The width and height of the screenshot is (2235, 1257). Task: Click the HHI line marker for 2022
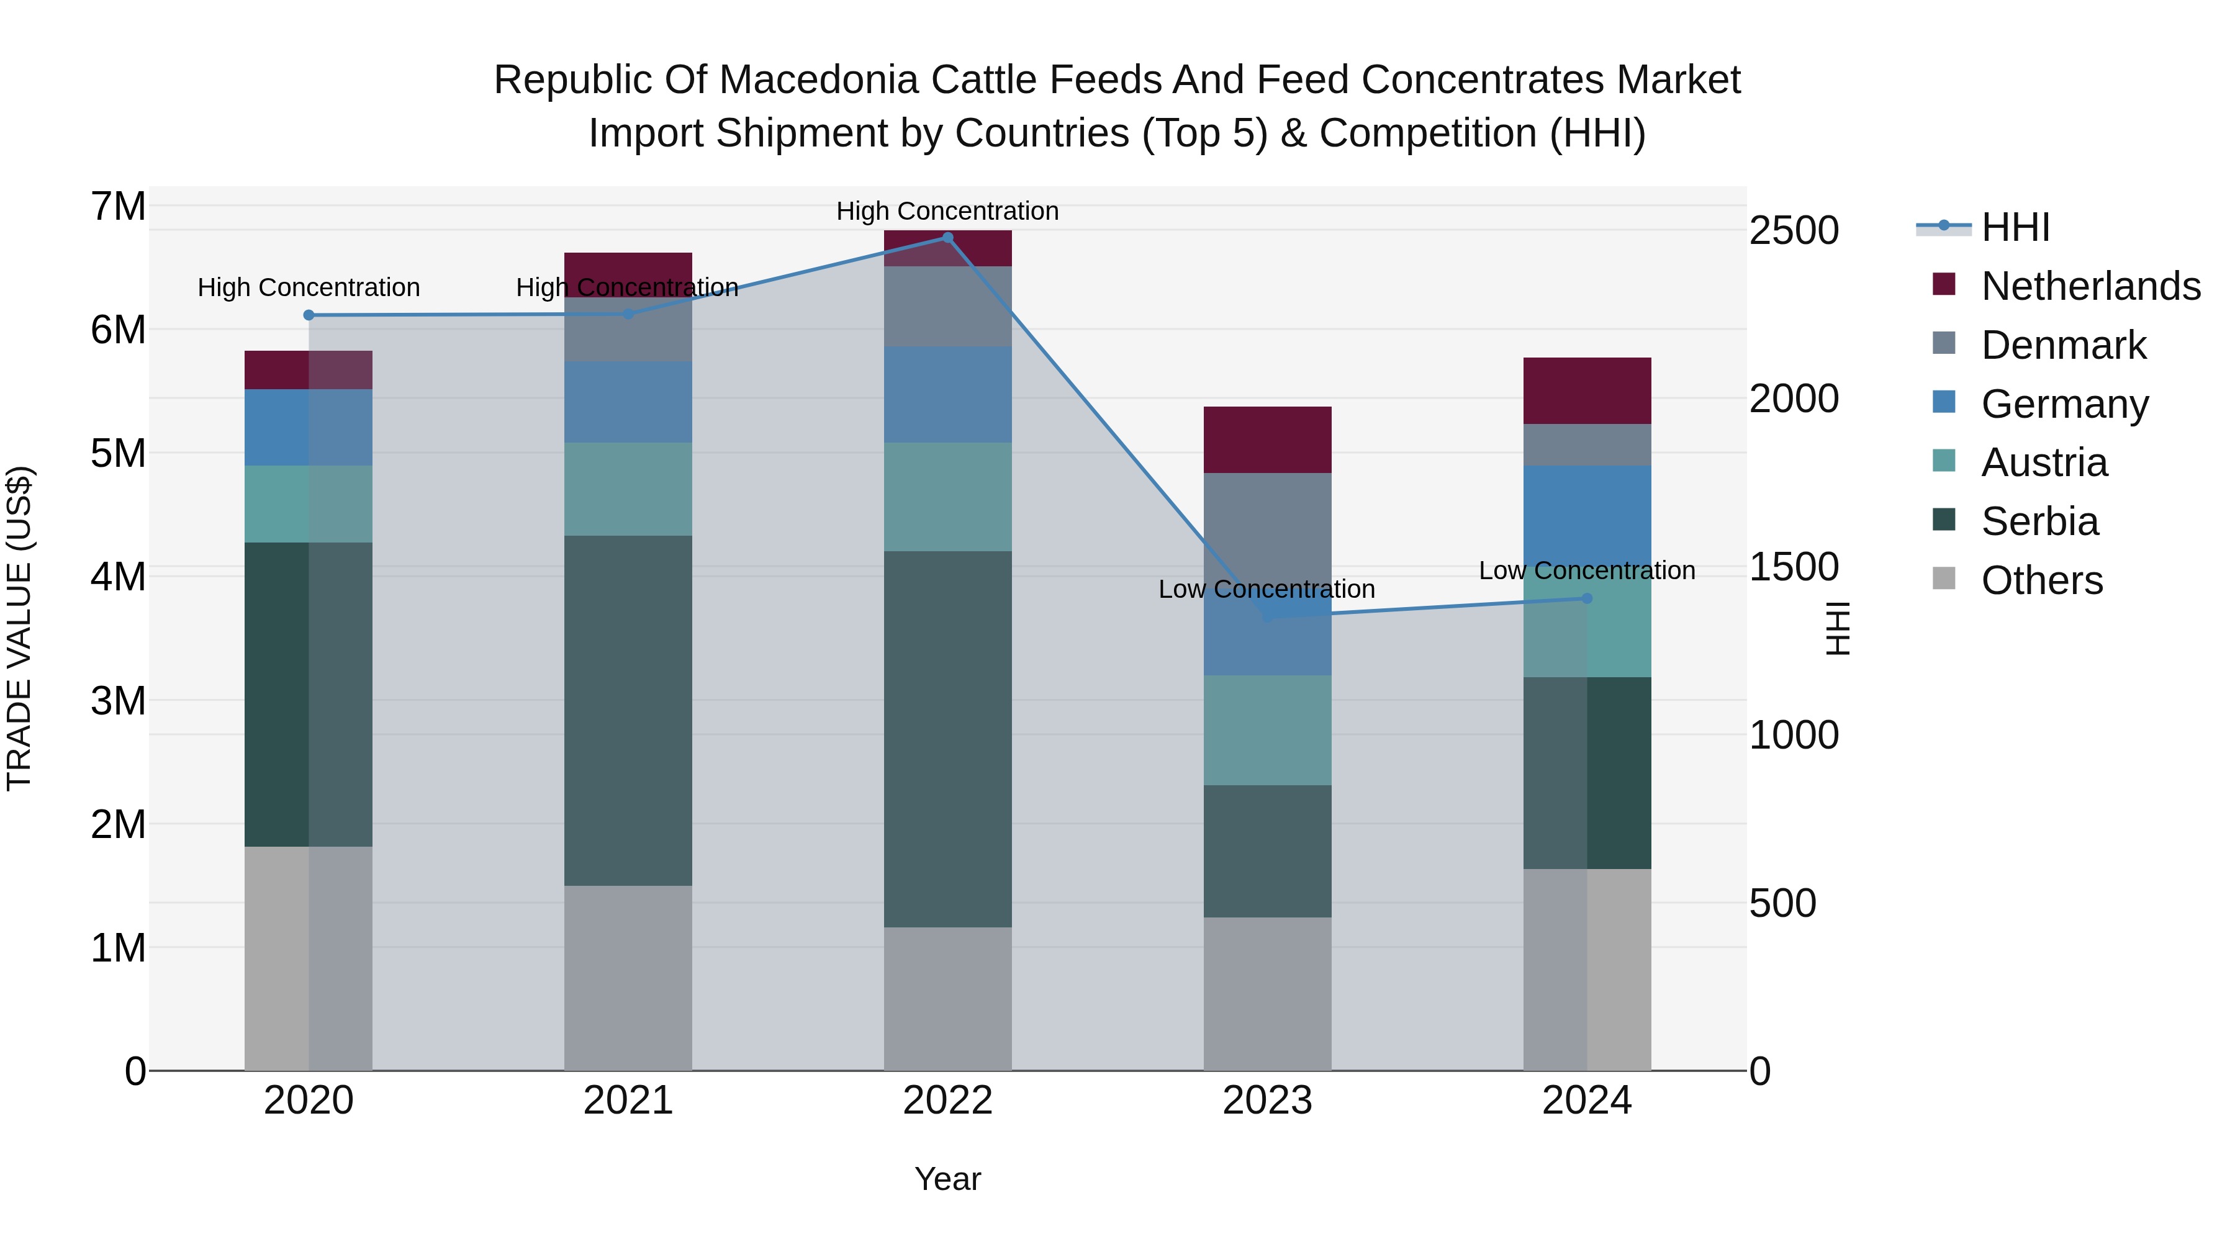point(947,238)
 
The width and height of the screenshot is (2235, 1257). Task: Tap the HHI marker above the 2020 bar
point(309,315)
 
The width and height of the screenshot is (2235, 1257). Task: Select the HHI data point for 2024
point(1587,598)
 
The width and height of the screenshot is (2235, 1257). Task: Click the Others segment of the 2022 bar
point(947,998)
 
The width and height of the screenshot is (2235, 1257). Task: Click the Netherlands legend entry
point(2091,286)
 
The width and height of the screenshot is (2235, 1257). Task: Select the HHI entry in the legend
point(2015,227)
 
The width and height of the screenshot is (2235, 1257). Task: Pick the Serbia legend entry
point(2039,521)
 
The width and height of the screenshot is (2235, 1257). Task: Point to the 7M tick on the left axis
point(118,207)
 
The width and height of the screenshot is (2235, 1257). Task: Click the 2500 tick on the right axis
point(1794,231)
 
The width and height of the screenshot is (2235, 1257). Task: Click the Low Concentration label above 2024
point(1587,571)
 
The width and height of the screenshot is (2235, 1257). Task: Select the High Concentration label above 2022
point(947,211)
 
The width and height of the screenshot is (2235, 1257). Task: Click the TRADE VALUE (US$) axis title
point(19,628)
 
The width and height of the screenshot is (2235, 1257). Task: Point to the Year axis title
point(947,1179)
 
